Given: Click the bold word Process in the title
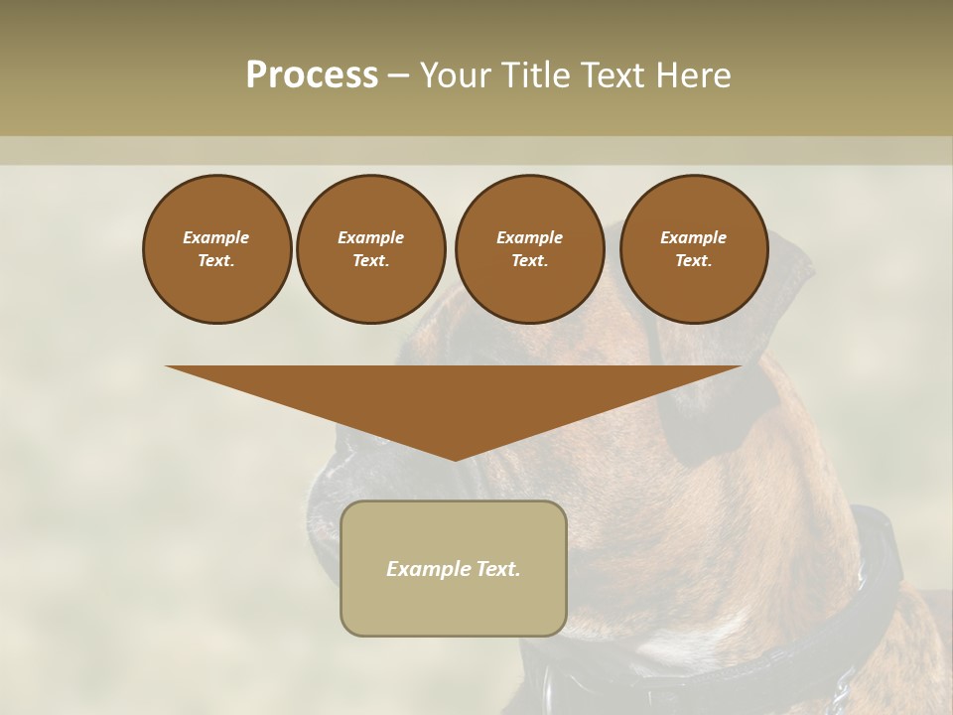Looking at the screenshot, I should [x=312, y=75].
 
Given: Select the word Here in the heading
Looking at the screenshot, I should [x=694, y=75].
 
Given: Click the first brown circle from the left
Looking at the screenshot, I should [x=216, y=249].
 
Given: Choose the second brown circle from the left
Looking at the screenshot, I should [x=370, y=249].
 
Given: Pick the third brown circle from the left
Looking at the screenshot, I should [x=529, y=249].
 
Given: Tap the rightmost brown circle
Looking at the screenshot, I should [x=693, y=249].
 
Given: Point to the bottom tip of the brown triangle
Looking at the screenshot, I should [x=455, y=459].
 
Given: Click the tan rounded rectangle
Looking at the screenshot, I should [x=454, y=606].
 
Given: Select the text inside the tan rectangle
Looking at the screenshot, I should [x=454, y=569].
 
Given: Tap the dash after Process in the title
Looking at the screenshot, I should [x=398, y=75].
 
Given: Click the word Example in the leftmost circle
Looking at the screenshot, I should [x=216, y=237].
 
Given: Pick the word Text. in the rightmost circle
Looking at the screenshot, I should [x=693, y=261].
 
